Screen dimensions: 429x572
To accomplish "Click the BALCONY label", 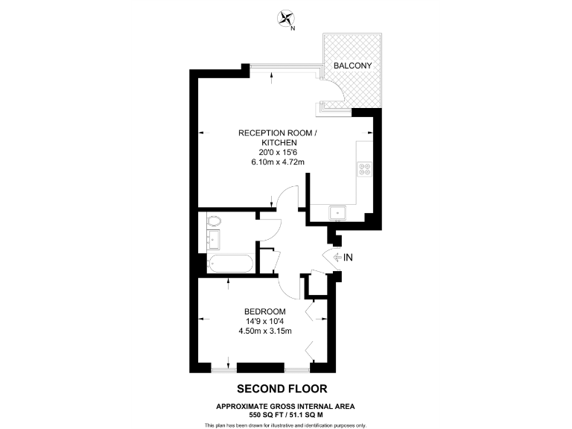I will click(353, 66).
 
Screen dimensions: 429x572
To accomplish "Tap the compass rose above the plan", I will click(285, 19).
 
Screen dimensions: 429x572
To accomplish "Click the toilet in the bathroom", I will click(214, 220).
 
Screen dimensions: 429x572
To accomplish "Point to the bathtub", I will click(231, 263).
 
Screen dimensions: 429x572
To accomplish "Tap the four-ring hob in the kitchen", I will click(365, 169).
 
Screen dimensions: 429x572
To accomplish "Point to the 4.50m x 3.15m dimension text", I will click(265, 331).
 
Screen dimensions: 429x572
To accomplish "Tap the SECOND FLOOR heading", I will click(282, 388).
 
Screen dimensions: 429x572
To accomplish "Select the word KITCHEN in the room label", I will click(279, 142).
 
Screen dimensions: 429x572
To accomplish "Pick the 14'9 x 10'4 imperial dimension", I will click(265, 321).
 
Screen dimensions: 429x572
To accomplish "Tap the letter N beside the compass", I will click(293, 29).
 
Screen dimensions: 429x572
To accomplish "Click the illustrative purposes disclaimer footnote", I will click(285, 425).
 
